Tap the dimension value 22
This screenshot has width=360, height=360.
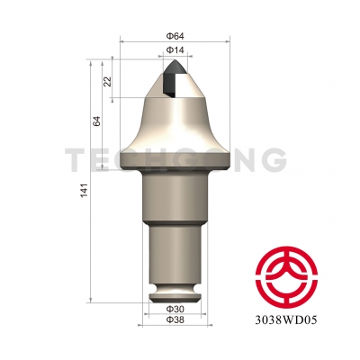tap(108, 82)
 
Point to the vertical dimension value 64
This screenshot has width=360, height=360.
tap(95, 121)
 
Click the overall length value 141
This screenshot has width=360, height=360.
tap(83, 190)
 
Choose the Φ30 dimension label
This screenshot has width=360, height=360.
tap(175, 309)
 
